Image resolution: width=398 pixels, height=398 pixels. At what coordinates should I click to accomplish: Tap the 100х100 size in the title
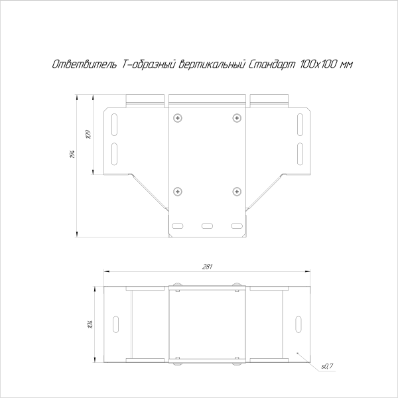316,65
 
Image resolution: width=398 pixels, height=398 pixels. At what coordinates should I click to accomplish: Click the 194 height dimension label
71,155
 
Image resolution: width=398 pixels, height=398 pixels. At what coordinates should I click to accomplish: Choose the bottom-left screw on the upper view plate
177,192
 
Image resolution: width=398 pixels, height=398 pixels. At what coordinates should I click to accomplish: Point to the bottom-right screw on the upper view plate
236,192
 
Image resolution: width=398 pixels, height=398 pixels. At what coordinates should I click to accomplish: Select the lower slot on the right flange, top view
300,153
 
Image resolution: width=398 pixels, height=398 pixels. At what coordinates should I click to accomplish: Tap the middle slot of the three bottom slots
207,226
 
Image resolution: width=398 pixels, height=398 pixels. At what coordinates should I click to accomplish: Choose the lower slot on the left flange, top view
113,153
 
